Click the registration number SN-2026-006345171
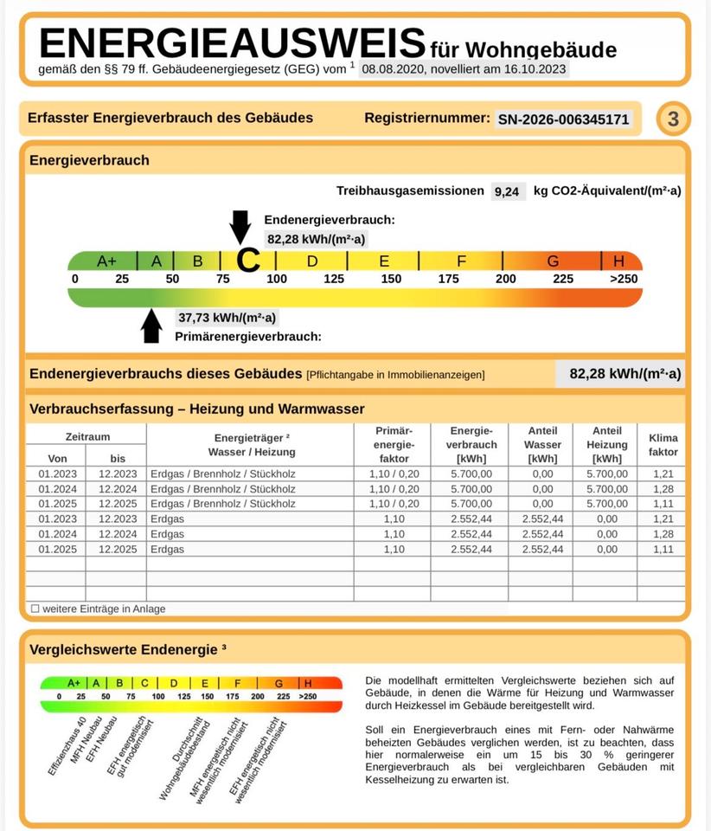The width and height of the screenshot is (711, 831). [563, 119]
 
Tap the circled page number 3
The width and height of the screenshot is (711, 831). [674, 119]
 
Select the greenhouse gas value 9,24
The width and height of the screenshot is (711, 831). [507, 191]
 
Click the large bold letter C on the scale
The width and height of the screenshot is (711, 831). [248, 260]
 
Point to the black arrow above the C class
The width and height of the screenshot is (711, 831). [240, 226]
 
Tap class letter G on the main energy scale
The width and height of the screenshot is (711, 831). [553, 261]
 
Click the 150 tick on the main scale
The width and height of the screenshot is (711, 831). [391, 279]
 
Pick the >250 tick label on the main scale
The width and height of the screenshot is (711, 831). [623, 279]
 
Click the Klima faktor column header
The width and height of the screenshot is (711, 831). [663, 445]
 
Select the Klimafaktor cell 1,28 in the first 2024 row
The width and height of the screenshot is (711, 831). [663, 489]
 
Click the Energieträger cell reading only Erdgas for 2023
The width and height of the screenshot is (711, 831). [167, 519]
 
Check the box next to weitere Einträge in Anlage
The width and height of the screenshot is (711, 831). [35, 609]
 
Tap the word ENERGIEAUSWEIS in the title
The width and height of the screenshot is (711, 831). [233, 42]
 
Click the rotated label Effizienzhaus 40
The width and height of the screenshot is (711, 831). [64, 745]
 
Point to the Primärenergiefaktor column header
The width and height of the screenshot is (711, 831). [394, 445]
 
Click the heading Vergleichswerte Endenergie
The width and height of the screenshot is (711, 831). [127, 648]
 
